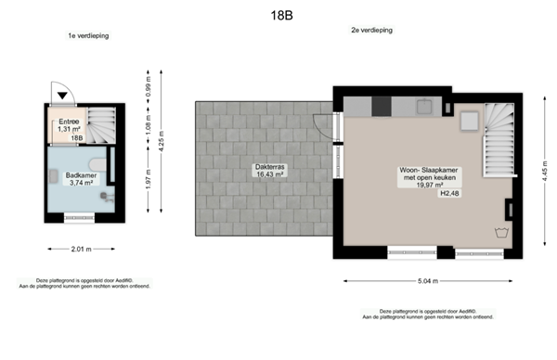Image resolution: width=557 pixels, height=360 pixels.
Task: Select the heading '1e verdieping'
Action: click(84, 36)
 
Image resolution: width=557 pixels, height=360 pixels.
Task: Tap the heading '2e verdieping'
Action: click(371, 31)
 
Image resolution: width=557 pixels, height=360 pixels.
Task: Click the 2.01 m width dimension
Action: click(80, 249)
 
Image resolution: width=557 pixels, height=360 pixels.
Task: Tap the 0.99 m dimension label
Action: click(148, 87)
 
